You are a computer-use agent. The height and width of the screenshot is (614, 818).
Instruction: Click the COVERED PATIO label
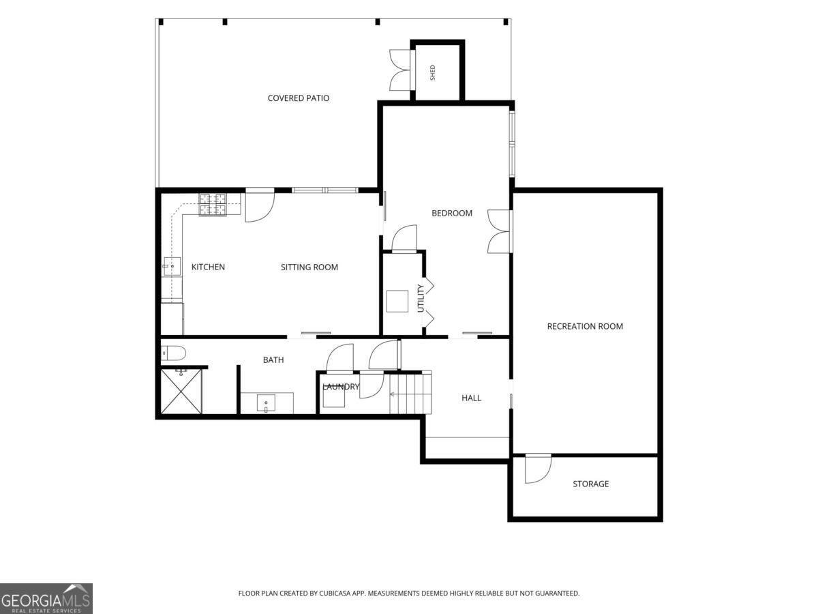pyautogui.click(x=299, y=98)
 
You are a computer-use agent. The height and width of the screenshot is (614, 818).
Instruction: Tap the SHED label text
pyautogui.click(x=433, y=73)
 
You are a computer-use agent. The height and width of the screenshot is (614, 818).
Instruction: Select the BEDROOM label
pyautogui.click(x=452, y=214)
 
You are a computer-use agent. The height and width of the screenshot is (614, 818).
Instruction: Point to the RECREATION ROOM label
pyautogui.click(x=585, y=326)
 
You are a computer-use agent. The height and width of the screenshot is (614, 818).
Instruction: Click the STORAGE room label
pyautogui.click(x=591, y=484)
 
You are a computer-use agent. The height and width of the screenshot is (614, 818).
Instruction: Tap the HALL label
pyautogui.click(x=471, y=398)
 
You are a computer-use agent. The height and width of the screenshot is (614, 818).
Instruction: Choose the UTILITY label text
pyautogui.click(x=421, y=298)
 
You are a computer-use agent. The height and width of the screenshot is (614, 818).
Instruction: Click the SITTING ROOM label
pyautogui.click(x=309, y=267)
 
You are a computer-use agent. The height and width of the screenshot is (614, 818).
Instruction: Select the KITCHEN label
pyautogui.click(x=208, y=267)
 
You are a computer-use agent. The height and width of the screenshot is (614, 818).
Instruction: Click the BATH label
pyautogui.click(x=273, y=360)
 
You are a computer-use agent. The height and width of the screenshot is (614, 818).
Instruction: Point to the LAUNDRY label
pyautogui.click(x=341, y=387)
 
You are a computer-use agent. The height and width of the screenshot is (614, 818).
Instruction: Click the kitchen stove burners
pyautogui.click(x=213, y=205)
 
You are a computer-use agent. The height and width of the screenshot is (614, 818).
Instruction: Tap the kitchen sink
pyautogui.click(x=172, y=266)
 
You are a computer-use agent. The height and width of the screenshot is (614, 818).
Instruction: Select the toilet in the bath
pyautogui.click(x=173, y=353)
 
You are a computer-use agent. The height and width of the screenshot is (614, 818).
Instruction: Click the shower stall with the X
pyautogui.click(x=181, y=391)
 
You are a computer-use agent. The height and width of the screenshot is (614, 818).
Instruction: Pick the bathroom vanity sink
pyautogui.click(x=266, y=403)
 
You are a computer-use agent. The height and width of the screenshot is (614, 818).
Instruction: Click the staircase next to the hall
pyautogui.click(x=410, y=393)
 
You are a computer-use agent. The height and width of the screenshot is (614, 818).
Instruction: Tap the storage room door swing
pyautogui.click(x=538, y=469)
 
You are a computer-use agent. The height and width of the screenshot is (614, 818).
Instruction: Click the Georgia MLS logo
pyautogui.click(x=46, y=598)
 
